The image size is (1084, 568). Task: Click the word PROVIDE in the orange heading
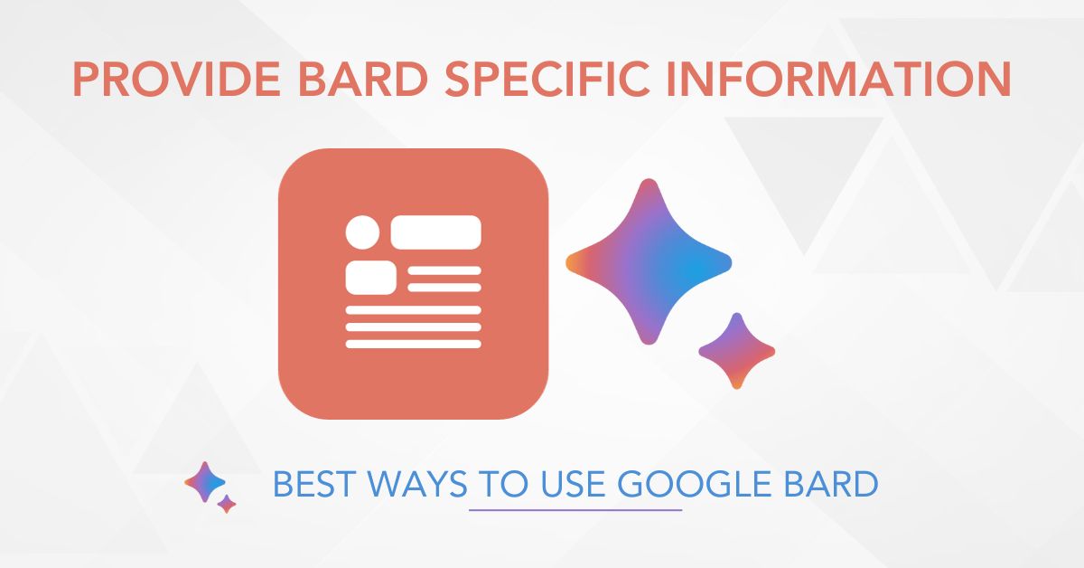pos(177,79)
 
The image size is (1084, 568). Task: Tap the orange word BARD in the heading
pos(363,79)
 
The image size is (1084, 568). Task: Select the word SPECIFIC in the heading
pos(547,79)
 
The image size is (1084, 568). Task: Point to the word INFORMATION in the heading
pos(838,79)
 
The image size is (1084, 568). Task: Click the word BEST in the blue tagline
pos(312,484)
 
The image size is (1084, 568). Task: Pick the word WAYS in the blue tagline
pos(417,484)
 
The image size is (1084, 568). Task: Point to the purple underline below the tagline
pos(575,510)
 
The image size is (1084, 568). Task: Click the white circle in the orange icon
pos(362,232)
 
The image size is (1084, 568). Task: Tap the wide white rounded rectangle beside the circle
pos(435,232)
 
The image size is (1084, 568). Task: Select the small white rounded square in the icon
pos(371,277)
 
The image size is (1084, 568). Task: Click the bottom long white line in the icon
pos(414,344)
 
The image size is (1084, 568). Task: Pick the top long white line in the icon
pos(414,310)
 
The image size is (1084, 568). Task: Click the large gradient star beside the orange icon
pos(649,261)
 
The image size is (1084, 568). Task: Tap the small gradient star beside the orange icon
pos(736,351)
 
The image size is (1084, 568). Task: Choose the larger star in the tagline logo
pos(205,482)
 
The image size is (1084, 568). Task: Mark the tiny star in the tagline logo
pos(227,504)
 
